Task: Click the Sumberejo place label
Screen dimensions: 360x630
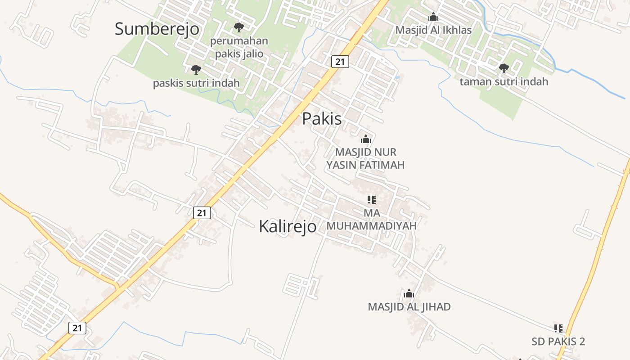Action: [x=157, y=29]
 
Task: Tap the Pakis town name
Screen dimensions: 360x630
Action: [x=322, y=118]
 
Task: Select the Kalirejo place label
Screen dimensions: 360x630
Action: [x=288, y=226]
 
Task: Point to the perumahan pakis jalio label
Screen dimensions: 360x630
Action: [x=239, y=47]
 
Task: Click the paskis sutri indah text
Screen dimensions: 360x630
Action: [x=196, y=83]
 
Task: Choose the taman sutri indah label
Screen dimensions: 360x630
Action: [x=504, y=81]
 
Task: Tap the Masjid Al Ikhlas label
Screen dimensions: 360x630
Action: [x=433, y=30]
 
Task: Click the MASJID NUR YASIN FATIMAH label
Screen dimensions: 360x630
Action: [x=365, y=158]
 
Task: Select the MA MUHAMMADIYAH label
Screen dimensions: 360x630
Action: [x=371, y=219]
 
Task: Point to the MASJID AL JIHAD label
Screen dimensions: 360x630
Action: [x=409, y=307]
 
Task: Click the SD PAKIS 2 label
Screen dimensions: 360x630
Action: [x=558, y=342]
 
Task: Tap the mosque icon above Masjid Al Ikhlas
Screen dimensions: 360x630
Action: [x=433, y=17]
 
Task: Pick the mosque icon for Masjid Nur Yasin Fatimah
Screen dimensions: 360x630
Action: [x=366, y=139]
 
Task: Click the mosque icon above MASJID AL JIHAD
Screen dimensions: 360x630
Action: [x=409, y=294]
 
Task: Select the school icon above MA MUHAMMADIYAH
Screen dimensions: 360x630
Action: [x=371, y=199]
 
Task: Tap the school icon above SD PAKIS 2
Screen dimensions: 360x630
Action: [x=558, y=328]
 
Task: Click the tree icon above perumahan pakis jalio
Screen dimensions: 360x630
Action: [x=238, y=27]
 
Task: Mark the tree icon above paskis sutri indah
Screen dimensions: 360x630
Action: [x=196, y=69]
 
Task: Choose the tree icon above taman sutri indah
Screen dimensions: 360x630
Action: [x=504, y=68]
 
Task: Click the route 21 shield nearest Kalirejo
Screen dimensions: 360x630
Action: [x=202, y=212]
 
